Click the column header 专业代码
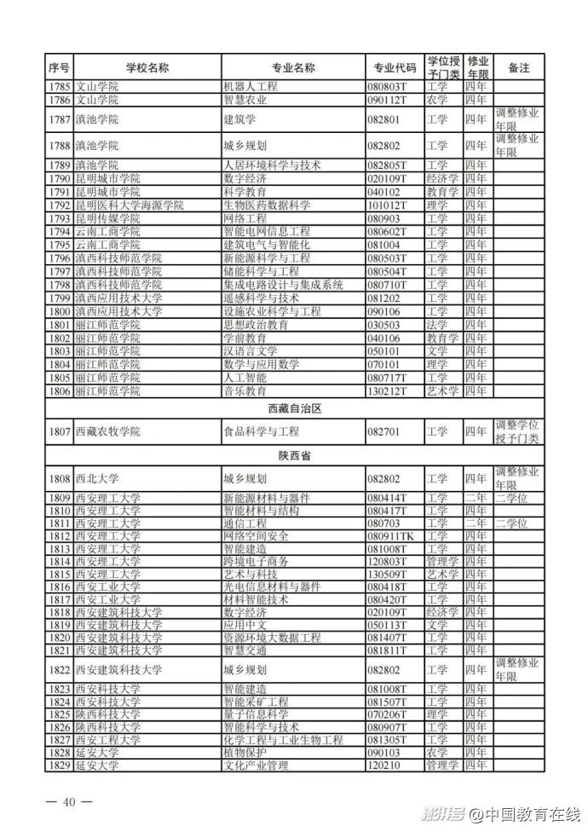point(395,67)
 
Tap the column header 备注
point(518,67)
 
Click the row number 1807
point(59,432)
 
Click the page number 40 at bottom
point(69,801)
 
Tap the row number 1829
point(59,766)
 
